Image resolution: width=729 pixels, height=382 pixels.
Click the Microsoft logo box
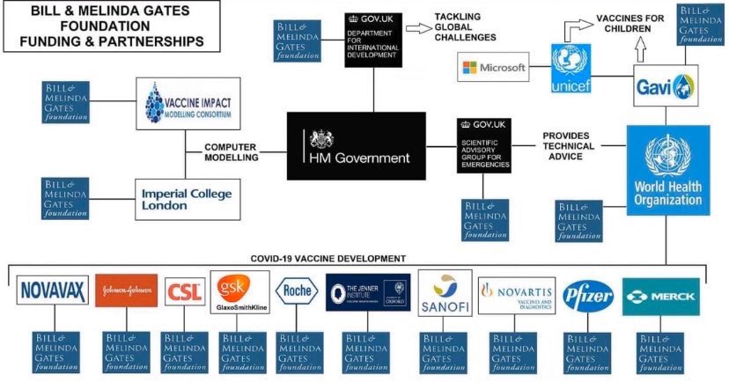click(x=494, y=67)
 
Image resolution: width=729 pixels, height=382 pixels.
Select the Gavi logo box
click(x=666, y=85)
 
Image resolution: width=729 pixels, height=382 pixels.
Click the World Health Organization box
click(x=668, y=171)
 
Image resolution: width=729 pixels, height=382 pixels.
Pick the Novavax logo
click(x=52, y=290)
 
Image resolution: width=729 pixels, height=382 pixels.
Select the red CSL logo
click(x=185, y=291)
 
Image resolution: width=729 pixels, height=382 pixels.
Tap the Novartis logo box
click(x=517, y=291)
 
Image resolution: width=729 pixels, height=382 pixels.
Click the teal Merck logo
click(x=660, y=296)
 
